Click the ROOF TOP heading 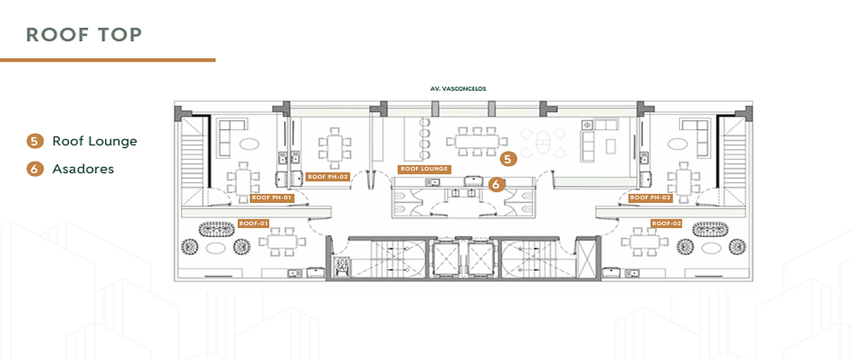(84, 35)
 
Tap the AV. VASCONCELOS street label (458, 89)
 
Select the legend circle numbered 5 (35, 141)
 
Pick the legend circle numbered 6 (35, 169)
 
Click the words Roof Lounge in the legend (94, 141)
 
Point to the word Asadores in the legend (83, 169)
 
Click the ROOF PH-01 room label (271, 198)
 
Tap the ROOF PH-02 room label (327, 177)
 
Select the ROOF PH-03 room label (650, 198)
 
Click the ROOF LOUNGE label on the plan (425, 169)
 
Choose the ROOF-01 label (253, 224)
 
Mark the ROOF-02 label (666, 224)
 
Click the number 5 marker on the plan (508, 159)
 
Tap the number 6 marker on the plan (496, 185)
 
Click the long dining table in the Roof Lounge (477, 141)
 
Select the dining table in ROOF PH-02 (334, 148)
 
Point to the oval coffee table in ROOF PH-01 (249, 144)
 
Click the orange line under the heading (108, 60)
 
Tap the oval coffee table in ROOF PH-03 (678, 144)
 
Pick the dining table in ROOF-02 (645, 241)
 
